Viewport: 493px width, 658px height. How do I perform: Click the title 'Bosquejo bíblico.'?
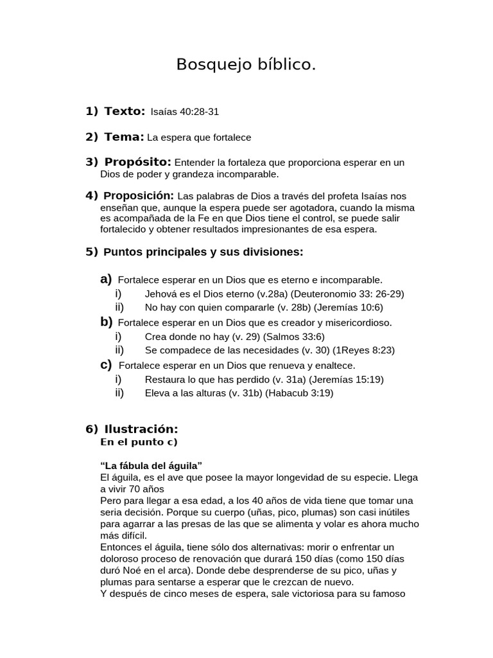[x=246, y=65]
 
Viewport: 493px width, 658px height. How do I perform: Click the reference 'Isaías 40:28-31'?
[x=185, y=112]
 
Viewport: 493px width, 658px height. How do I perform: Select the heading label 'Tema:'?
[x=124, y=137]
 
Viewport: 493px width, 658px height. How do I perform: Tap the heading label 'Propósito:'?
[x=137, y=162]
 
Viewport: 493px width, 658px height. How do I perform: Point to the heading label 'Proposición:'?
[x=139, y=195]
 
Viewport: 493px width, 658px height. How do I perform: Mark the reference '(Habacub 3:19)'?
[x=299, y=393]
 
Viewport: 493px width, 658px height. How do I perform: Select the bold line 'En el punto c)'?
[x=139, y=442]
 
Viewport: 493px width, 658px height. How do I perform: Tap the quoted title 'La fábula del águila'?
[x=151, y=465]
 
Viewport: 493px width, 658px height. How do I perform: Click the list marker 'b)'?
[x=107, y=322]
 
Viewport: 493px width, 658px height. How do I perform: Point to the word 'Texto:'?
[x=125, y=111]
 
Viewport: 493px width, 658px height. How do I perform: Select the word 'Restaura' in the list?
[x=164, y=379]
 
